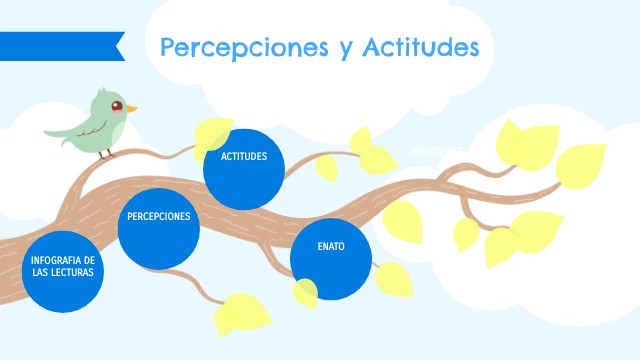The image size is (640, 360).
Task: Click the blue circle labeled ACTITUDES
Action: tap(244, 168)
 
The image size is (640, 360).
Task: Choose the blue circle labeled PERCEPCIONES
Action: tap(158, 228)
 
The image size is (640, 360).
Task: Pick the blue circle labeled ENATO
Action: tap(331, 258)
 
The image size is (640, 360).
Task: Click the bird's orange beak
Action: tap(131, 108)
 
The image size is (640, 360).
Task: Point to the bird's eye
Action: tap(117, 104)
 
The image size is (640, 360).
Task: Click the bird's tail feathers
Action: tap(55, 130)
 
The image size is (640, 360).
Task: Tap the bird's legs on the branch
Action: tap(108, 153)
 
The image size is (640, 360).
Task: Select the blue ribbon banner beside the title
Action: tap(60, 46)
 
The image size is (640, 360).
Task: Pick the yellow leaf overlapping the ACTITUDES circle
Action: tap(213, 134)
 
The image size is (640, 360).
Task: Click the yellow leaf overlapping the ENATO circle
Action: tap(305, 292)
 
